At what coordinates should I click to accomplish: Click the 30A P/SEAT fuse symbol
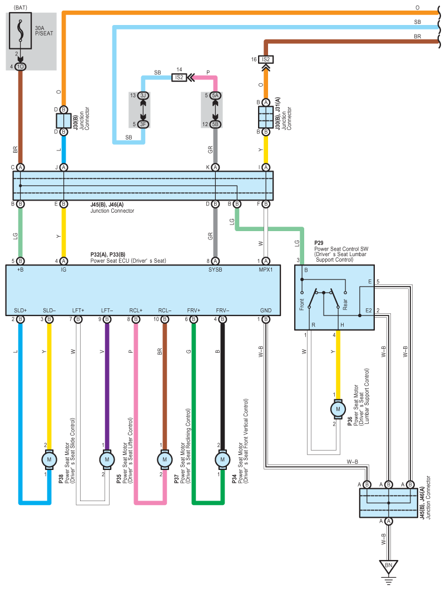[x=21, y=31]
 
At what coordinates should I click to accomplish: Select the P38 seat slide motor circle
[x=49, y=459]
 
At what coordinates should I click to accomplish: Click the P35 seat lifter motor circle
[x=107, y=459]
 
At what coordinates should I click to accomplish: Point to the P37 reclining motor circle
[x=165, y=459]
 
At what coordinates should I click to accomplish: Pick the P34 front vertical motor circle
[x=222, y=459]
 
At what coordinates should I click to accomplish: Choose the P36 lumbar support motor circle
[x=338, y=409]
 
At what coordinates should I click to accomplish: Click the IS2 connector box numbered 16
[x=266, y=59]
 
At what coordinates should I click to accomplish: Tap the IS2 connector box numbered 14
[x=179, y=78]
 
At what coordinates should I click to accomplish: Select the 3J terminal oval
[x=143, y=96]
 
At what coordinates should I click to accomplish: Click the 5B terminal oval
[x=215, y=124]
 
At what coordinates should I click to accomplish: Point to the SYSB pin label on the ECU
[x=215, y=270]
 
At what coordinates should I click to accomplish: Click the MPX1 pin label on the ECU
[x=266, y=270]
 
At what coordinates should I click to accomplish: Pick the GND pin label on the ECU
[x=266, y=311]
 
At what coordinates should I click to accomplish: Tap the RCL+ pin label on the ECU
[x=136, y=311]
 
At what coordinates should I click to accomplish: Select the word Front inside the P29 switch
[x=302, y=304]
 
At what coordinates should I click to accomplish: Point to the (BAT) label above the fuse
[x=21, y=8]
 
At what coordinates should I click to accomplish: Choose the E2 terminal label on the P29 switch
[x=368, y=311]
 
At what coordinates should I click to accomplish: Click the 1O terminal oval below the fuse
[x=21, y=67]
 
